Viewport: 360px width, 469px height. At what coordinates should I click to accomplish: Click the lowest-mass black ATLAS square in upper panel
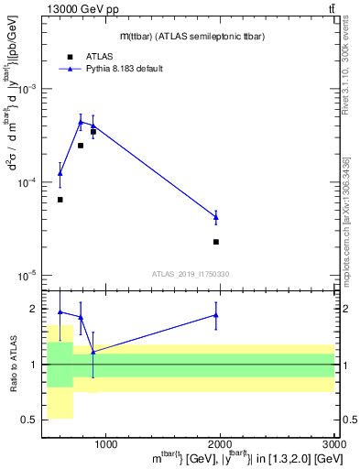tap(60, 200)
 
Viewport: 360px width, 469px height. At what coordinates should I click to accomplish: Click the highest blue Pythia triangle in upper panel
tap(81, 121)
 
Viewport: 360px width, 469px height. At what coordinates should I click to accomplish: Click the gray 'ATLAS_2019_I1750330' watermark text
tap(191, 274)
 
